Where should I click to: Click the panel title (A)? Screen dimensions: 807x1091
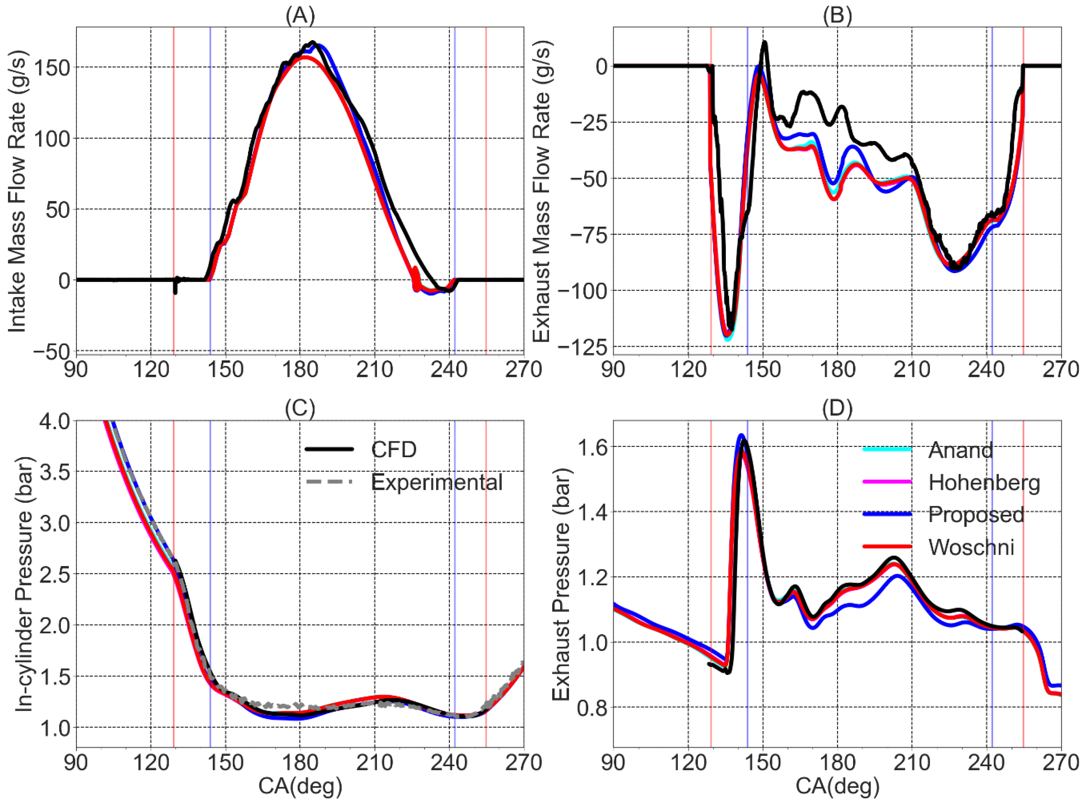point(300,16)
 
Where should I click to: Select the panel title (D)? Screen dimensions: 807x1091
point(837,408)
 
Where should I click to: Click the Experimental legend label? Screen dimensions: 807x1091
point(436,482)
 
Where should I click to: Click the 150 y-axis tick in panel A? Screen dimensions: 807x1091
point(51,68)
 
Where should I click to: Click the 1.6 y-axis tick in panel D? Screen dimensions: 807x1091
point(591,447)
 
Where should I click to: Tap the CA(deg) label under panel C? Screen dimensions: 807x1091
point(300,787)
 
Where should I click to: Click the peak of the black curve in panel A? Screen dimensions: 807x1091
point(313,42)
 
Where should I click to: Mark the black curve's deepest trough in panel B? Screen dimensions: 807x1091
point(731,327)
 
